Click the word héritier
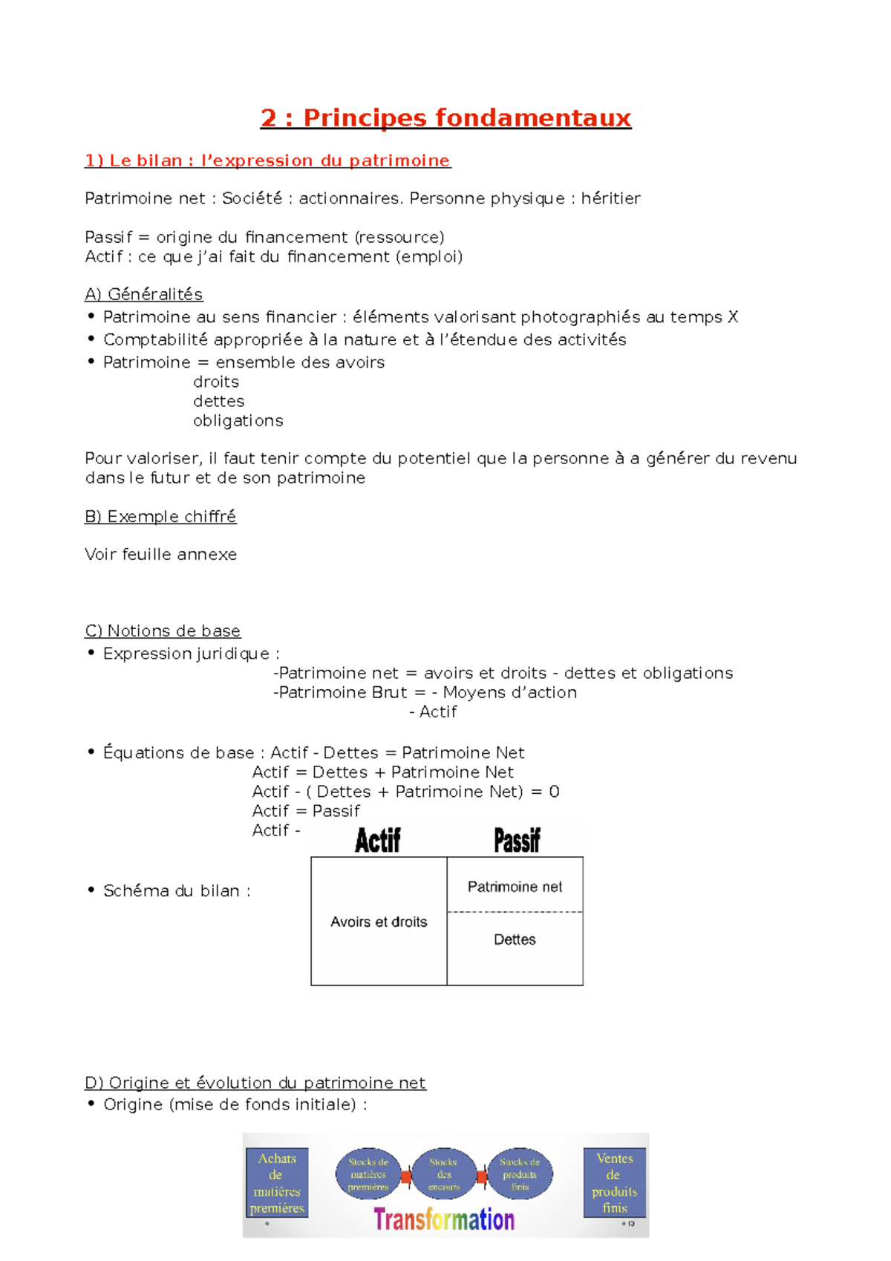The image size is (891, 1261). coord(610,198)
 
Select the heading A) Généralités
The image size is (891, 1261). coord(143,294)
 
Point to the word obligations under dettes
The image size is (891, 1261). coord(238,420)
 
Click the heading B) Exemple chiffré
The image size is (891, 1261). coord(160,516)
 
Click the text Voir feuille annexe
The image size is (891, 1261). coord(160,554)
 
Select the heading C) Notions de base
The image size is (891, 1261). coord(163,630)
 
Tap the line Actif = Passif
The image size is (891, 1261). coord(306,811)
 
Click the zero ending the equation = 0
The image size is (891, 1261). coord(554,792)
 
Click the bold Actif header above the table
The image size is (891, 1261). coord(377,841)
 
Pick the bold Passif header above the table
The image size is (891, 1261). coord(517,841)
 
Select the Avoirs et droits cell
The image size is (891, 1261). coord(379,922)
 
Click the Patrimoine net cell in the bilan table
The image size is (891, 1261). coord(515,887)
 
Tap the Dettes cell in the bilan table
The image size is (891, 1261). coord(515,939)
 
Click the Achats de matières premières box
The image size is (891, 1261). coord(276,1182)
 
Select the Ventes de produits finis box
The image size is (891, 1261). coord(614,1182)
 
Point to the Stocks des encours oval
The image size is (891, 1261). coord(443,1174)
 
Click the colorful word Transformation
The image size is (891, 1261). coord(443,1219)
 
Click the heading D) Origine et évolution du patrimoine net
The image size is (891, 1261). coord(255,1083)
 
